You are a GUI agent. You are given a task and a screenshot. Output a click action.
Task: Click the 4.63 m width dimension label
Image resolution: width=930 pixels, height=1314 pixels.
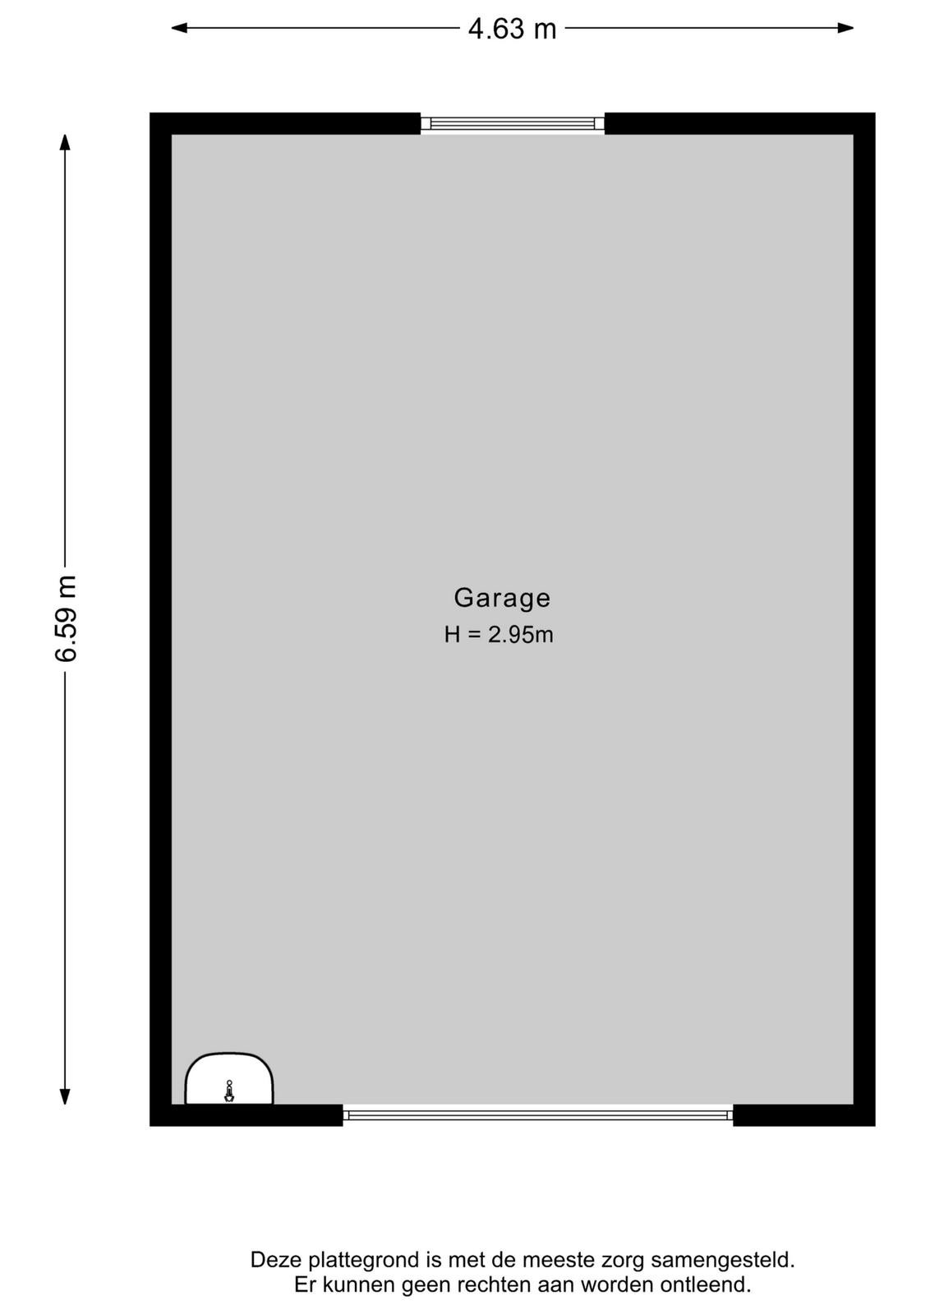[x=512, y=29]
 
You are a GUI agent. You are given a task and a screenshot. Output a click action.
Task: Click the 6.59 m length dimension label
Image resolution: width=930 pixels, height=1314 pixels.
[x=67, y=618]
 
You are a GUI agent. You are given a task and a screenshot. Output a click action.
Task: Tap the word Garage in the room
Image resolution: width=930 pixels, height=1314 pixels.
[x=502, y=598]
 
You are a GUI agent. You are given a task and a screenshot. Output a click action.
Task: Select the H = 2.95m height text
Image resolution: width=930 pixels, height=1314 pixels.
[x=499, y=635]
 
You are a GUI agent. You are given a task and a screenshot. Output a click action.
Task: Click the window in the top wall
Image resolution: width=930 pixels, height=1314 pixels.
[x=512, y=123]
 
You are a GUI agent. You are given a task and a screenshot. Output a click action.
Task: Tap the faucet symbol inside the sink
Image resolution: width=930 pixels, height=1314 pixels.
[x=229, y=1091]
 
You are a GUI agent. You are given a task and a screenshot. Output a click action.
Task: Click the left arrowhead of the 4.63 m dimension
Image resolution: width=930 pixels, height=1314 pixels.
[x=179, y=28]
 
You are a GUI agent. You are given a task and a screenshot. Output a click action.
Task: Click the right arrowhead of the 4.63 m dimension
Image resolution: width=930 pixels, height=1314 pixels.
[x=845, y=28]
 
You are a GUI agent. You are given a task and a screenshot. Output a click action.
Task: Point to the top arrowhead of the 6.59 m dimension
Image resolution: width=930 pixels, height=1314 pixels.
[x=65, y=143]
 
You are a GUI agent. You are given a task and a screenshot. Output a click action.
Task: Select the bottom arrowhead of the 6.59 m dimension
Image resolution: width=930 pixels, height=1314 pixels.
[x=65, y=1096]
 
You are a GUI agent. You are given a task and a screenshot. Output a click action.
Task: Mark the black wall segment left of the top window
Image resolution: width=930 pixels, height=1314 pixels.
[x=285, y=123]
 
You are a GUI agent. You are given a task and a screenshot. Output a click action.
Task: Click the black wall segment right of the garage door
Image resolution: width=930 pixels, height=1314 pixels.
[x=803, y=1115]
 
